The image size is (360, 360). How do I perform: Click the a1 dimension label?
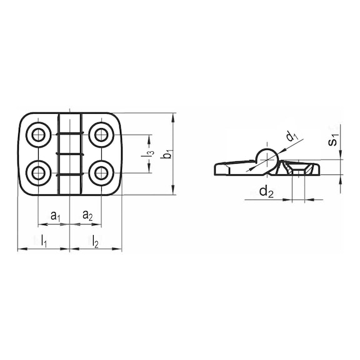pos(55,216)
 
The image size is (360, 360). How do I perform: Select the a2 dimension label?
pos(87,216)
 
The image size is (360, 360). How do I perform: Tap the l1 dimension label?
pos(44,241)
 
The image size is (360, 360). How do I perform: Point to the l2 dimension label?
pos(95,241)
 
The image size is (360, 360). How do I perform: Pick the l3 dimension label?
pos(147,154)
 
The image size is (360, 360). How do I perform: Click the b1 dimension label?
pos(167,154)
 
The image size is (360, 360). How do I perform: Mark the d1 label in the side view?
pos(292,136)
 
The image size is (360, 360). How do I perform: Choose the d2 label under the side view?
pos(266,192)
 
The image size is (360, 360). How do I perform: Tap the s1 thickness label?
pos(333,140)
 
